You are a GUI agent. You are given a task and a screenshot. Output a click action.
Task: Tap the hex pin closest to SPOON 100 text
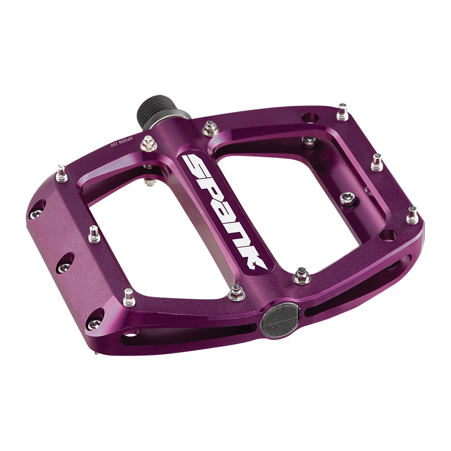point(150,141)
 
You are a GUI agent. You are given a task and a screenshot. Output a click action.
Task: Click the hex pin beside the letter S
point(211,127)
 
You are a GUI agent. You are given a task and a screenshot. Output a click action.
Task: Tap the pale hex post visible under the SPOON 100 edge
point(149,183)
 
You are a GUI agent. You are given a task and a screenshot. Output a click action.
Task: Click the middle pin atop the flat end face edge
point(94,233)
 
